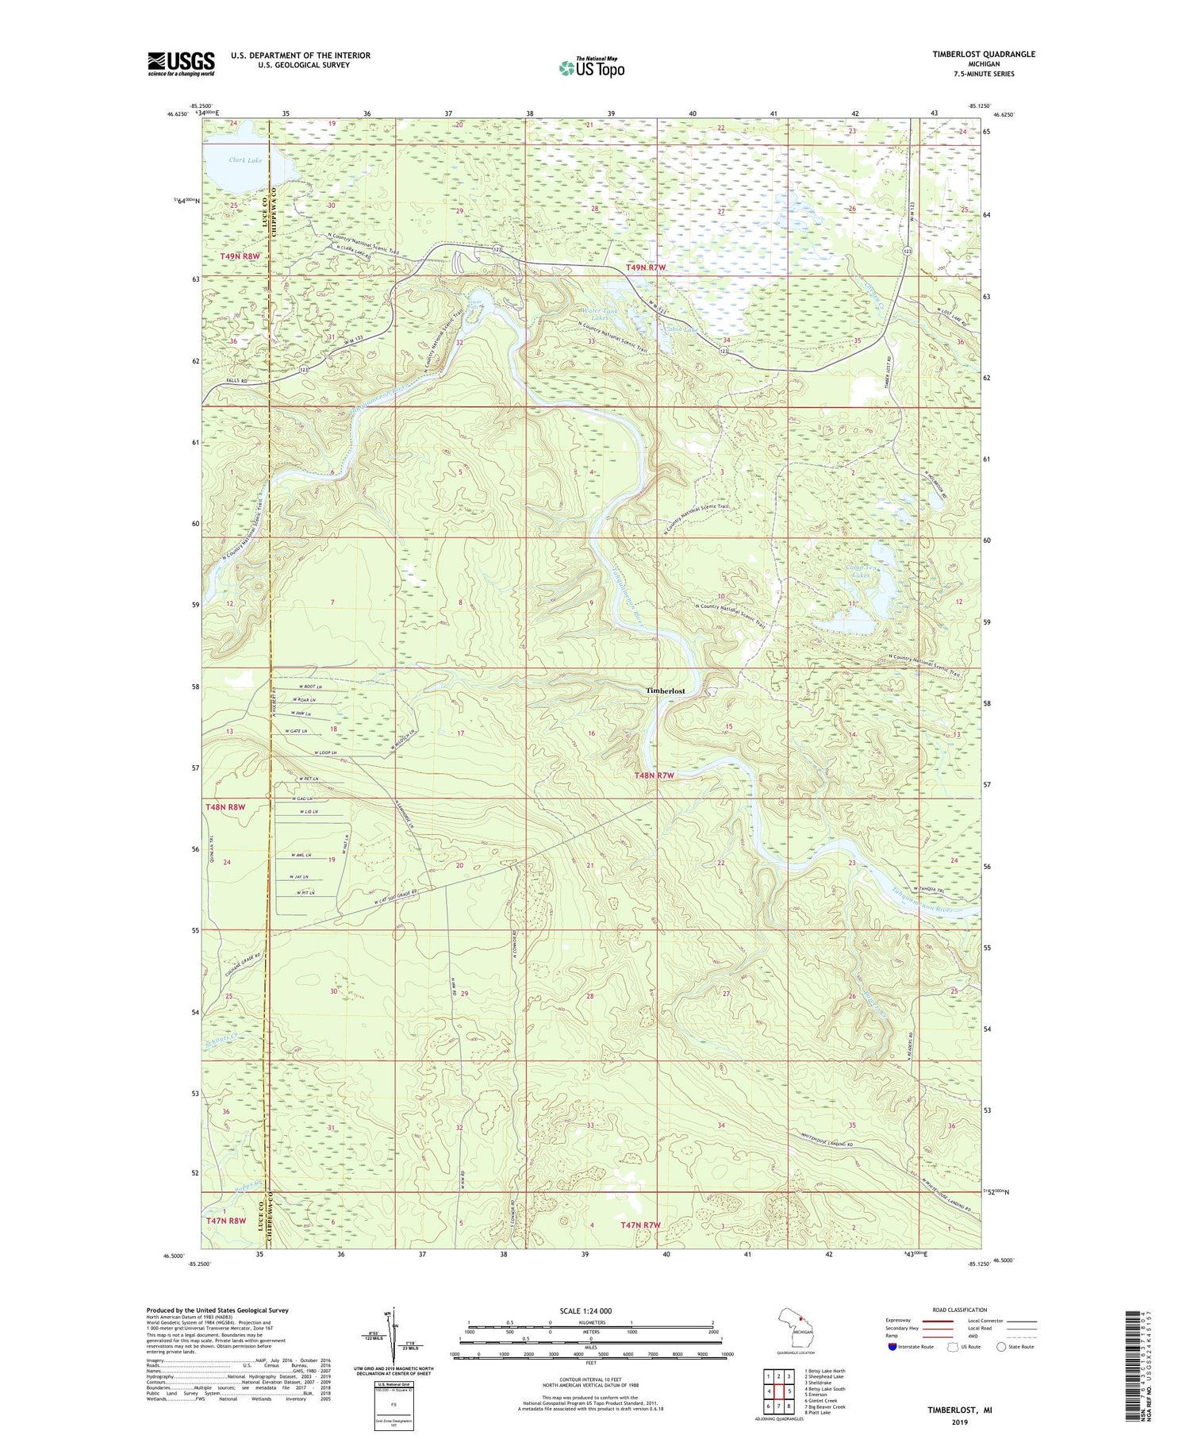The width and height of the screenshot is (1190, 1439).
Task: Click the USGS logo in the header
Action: click(181, 63)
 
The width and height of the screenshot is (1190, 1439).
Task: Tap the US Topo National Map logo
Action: click(591, 67)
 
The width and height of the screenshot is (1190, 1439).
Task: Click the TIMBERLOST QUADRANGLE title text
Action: click(983, 54)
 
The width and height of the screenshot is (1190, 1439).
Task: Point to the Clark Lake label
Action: click(245, 160)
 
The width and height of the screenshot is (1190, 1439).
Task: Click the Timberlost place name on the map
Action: click(665, 691)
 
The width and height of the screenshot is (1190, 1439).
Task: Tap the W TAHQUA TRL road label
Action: click(931, 888)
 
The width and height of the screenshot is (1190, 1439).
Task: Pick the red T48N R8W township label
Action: click(226, 806)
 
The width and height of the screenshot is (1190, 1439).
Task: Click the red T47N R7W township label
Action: click(640, 1225)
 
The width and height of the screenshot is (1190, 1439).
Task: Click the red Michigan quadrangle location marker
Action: click(801, 1321)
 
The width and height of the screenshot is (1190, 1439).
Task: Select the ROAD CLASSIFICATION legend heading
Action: click(960, 1310)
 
